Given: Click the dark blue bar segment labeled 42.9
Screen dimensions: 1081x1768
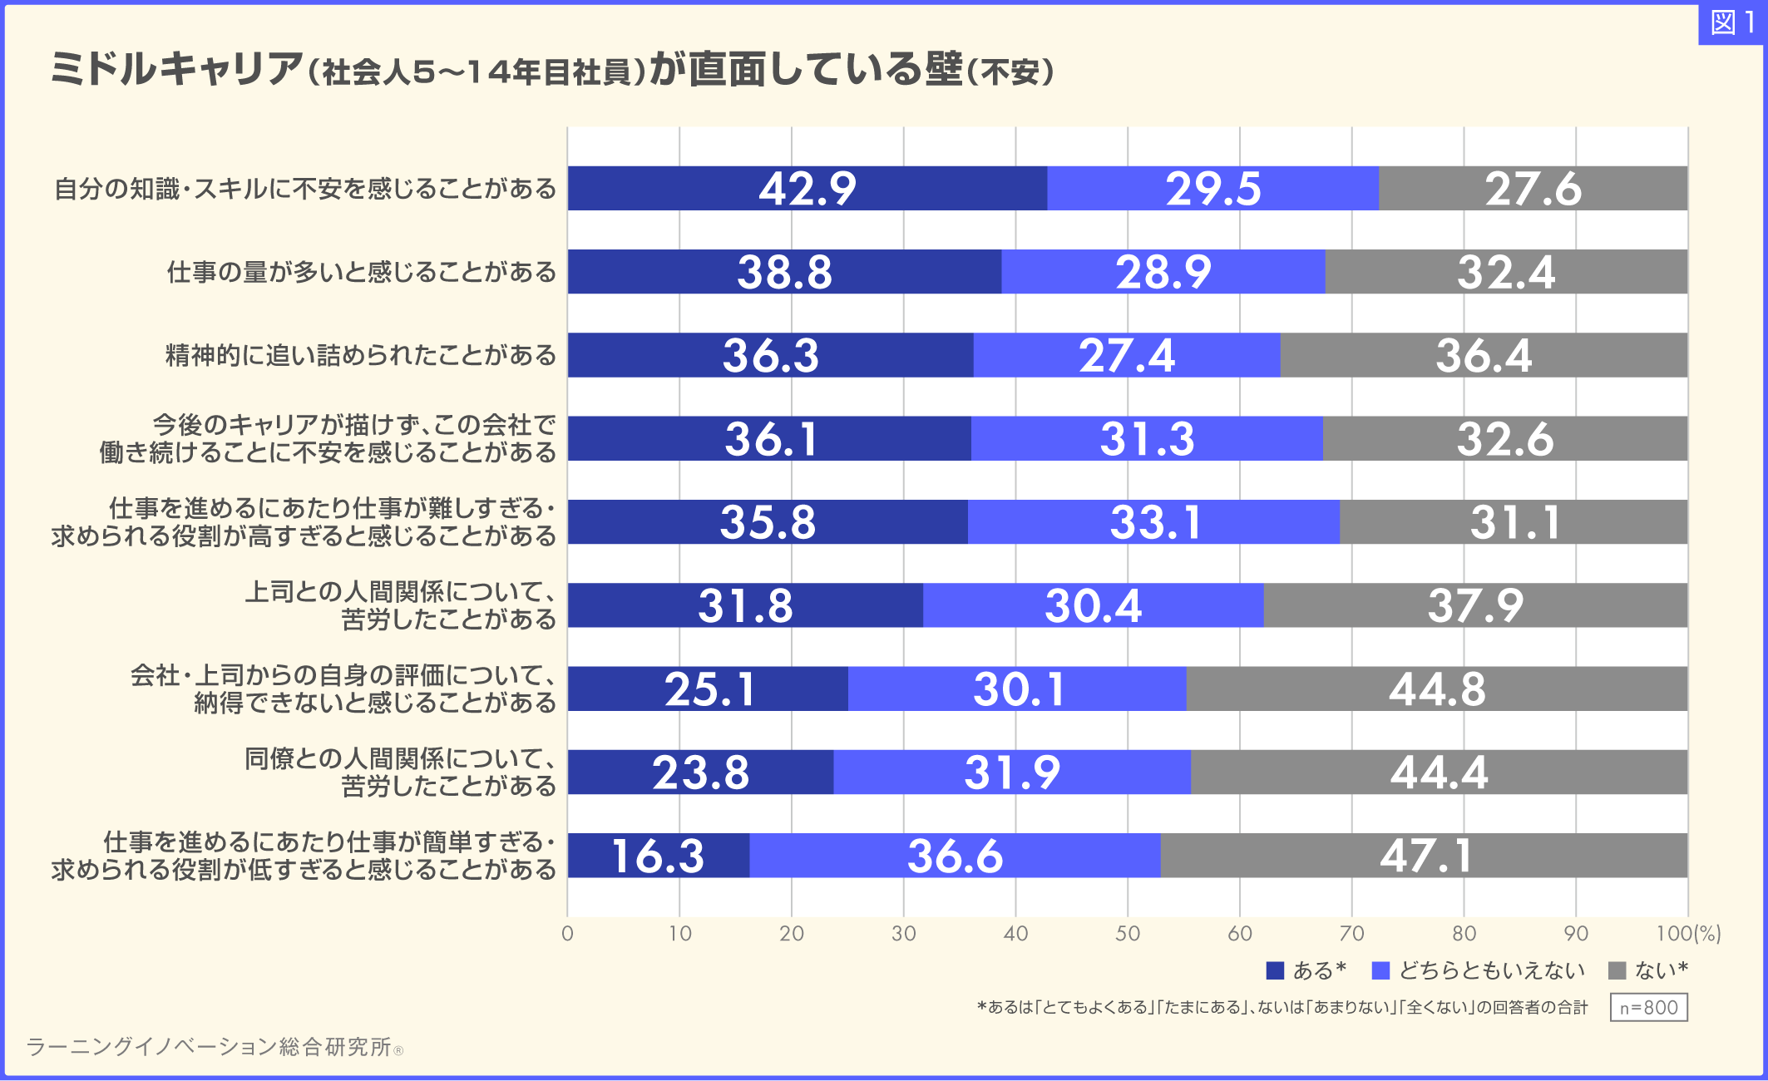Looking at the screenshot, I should click(x=807, y=188).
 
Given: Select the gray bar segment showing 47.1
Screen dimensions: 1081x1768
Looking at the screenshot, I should click(x=1424, y=855).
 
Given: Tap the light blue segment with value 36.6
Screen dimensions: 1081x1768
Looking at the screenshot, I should click(x=955, y=855).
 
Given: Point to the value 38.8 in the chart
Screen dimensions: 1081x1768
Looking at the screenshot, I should click(x=784, y=272).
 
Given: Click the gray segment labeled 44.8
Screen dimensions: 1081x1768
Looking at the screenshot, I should click(x=1436, y=689).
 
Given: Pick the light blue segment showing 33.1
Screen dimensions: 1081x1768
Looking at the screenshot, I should click(x=1154, y=522).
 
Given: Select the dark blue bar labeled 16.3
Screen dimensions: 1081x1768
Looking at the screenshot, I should click(x=658, y=855).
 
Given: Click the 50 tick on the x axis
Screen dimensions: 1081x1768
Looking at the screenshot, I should click(x=1127, y=933).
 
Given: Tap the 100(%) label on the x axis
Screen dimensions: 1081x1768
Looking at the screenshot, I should click(x=1687, y=933).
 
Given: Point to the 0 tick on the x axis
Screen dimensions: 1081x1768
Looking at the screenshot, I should click(x=567, y=933).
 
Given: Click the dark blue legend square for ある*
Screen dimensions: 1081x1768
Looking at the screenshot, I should click(x=1274, y=970).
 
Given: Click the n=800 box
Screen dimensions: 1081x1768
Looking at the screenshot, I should click(x=1648, y=1007).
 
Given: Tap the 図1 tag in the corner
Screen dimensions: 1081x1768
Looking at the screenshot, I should click(x=1732, y=23).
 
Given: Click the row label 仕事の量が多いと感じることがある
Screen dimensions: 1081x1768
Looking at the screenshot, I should click(x=361, y=272).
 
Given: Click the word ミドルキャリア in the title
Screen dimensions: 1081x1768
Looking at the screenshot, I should click(x=176, y=68).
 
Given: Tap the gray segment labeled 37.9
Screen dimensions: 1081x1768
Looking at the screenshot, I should click(x=1475, y=605).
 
